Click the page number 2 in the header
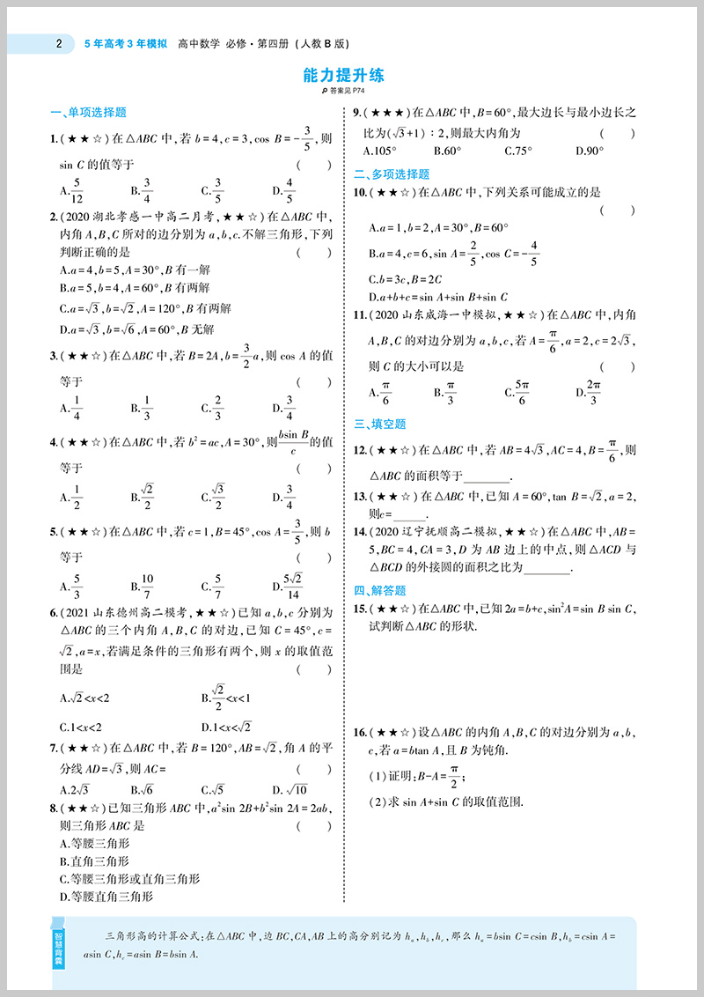tap(57, 41)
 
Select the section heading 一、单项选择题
tap(88, 112)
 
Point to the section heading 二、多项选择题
tap(392, 174)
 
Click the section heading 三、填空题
tap(380, 424)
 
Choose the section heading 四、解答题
tap(380, 590)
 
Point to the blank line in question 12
tap(485, 476)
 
